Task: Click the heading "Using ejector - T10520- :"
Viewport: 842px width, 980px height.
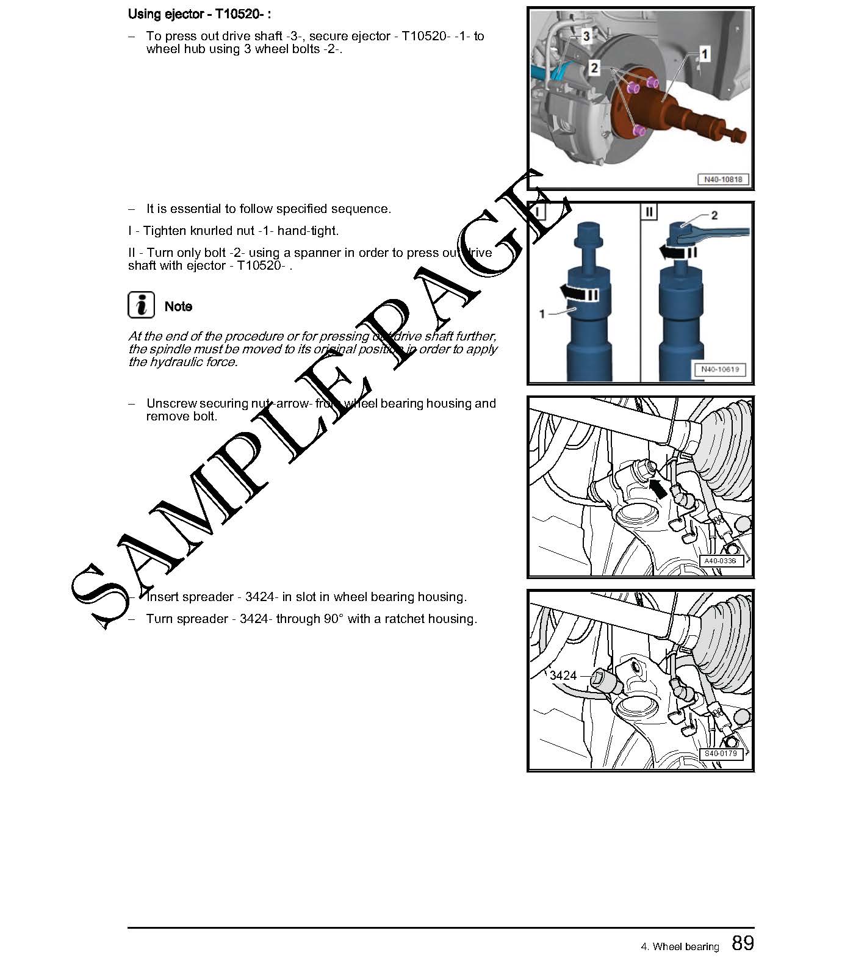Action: pyautogui.click(x=200, y=13)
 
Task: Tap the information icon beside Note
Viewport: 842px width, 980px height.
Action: pyautogui.click(x=141, y=304)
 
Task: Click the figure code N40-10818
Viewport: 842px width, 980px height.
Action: pyautogui.click(x=723, y=180)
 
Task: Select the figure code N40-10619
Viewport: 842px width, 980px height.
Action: pyautogui.click(x=720, y=369)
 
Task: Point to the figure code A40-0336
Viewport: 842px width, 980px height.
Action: pyautogui.click(x=720, y=561)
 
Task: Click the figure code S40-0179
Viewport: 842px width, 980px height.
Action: pyautogui.click(x=721, y=754)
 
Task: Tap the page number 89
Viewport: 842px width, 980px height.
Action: pyautogui.click(x=743, y=943)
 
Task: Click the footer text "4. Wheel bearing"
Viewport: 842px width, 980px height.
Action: pyautogui.click(x=680, y=946)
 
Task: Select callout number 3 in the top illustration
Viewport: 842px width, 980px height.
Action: pyautogui.click(x=586, y=37)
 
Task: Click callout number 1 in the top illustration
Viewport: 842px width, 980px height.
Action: pyautogui.click(x=705, y=54)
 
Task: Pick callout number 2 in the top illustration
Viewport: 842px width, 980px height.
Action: pyautogui.click(x=594, y=68)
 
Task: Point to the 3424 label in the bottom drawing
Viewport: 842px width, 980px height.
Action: pyautogui.click(x=563, y=676)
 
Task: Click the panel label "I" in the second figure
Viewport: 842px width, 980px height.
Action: pyautogui.click(x=538, y=211)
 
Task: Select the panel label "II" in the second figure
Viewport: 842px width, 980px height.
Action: pyautogui.click(x=649, y=212)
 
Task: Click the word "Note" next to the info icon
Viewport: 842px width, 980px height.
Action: pyautogui.click(x=178, y=306)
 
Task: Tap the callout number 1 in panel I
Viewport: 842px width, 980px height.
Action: pyautogui.click(x=542, y=314)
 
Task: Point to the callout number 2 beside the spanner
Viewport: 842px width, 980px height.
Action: pyautogui.click(x=714, y=215)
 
